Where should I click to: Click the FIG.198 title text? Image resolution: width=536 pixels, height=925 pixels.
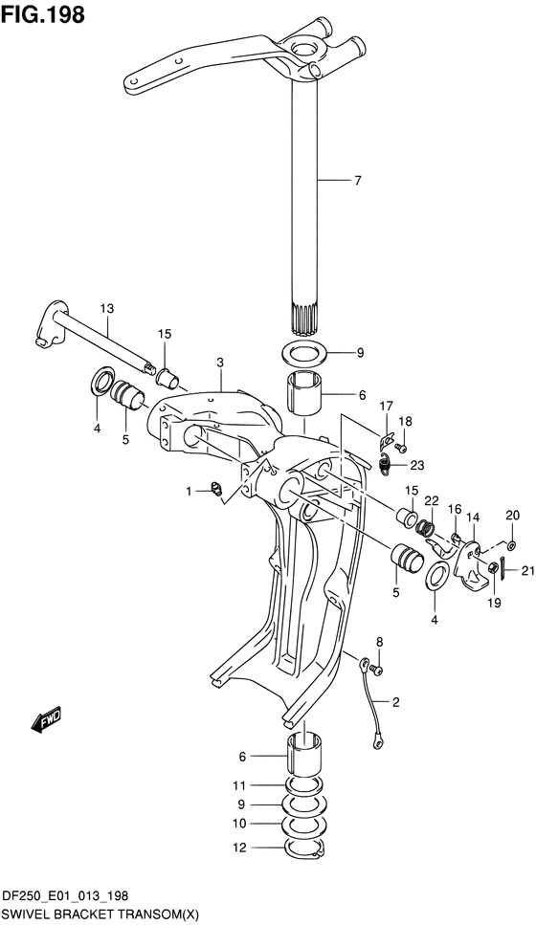tap(42, 14)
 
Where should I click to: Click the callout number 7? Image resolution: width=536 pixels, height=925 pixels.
tap(357, 181)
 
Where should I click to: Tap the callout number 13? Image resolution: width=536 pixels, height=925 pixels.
tap(107, 308)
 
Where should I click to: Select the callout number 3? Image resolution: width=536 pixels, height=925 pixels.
tap(219, 363)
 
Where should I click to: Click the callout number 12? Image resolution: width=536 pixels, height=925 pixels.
tap(238, 848)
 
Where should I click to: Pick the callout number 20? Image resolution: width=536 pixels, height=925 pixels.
tap(512, 515)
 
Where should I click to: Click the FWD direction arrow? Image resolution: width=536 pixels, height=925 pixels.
tap(47, 719)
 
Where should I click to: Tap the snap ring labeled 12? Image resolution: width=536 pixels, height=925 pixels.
tap(304, 848)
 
